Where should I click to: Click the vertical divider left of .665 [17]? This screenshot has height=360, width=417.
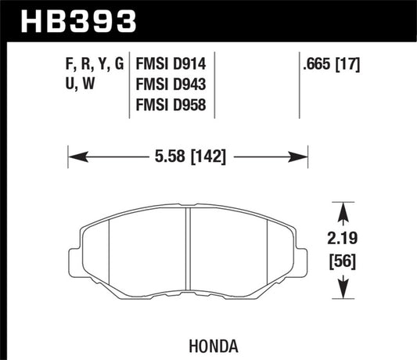302,86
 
